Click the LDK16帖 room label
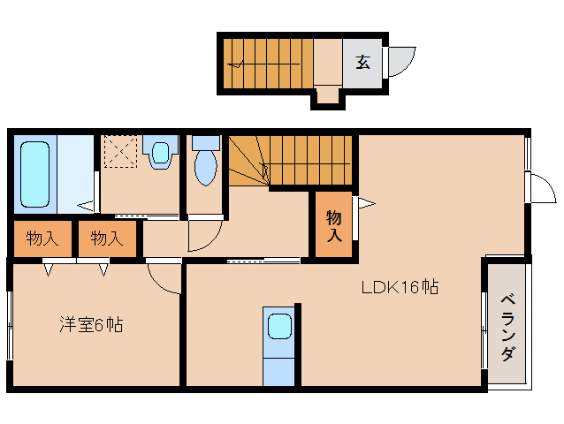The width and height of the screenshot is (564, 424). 400,287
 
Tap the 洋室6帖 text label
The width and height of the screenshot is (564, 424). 91,325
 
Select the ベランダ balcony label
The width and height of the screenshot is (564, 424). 507,326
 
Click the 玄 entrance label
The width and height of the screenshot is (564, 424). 363,63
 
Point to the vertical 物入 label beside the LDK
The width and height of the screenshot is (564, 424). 334,226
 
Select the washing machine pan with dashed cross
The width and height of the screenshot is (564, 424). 119,151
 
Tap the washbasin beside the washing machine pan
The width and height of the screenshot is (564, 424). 160,153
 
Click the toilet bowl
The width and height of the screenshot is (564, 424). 204,167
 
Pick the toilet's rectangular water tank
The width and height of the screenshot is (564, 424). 205,141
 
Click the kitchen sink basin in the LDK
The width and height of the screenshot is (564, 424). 280,326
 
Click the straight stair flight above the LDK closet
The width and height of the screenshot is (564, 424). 309,160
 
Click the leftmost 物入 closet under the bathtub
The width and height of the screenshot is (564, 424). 42,238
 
